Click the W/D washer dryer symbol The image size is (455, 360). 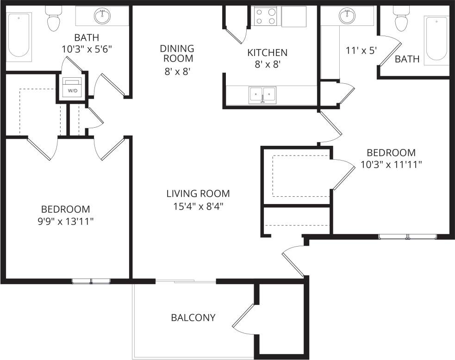click(x=73, y=87)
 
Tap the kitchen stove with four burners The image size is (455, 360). click(x=265, y=16)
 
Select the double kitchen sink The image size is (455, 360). click(x=262, y=95)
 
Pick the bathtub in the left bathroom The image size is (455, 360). click(x=19, y=35)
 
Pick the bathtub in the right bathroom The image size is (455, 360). click(x=437, y=39)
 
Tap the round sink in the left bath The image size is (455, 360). click(x=102, y=16)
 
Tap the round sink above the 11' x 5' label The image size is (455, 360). click(x=347, y=16)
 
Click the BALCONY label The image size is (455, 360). click(x=193, y=318)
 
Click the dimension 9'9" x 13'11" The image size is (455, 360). click(x=65, y=221)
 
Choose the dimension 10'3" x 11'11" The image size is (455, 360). click(x=391, y=164)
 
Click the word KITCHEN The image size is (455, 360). click(x=267, y=53)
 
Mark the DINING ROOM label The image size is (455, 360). click(x=176, y=54)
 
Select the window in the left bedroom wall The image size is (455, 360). click(x=91, y=281)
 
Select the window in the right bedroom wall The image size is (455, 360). click(x=407, y=237)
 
